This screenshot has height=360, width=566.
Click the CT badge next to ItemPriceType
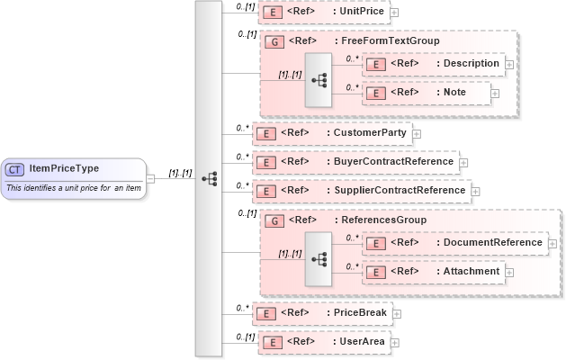pos(14,168)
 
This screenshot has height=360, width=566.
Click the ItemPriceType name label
pos(64,168)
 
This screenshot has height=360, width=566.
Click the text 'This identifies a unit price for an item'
pos(74,187)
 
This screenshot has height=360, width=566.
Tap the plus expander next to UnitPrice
pos(394,13)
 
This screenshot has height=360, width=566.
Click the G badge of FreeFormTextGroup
pos(272,41)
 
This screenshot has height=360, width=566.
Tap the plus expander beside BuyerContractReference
pos(463,163)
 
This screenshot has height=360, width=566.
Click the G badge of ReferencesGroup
pos(272,220)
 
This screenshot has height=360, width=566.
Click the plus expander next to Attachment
pos(509,272)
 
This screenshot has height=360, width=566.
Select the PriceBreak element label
pos(360,313)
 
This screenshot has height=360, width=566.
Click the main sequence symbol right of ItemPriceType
pos(210,179)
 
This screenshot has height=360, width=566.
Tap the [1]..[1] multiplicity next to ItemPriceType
pos(181,173)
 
